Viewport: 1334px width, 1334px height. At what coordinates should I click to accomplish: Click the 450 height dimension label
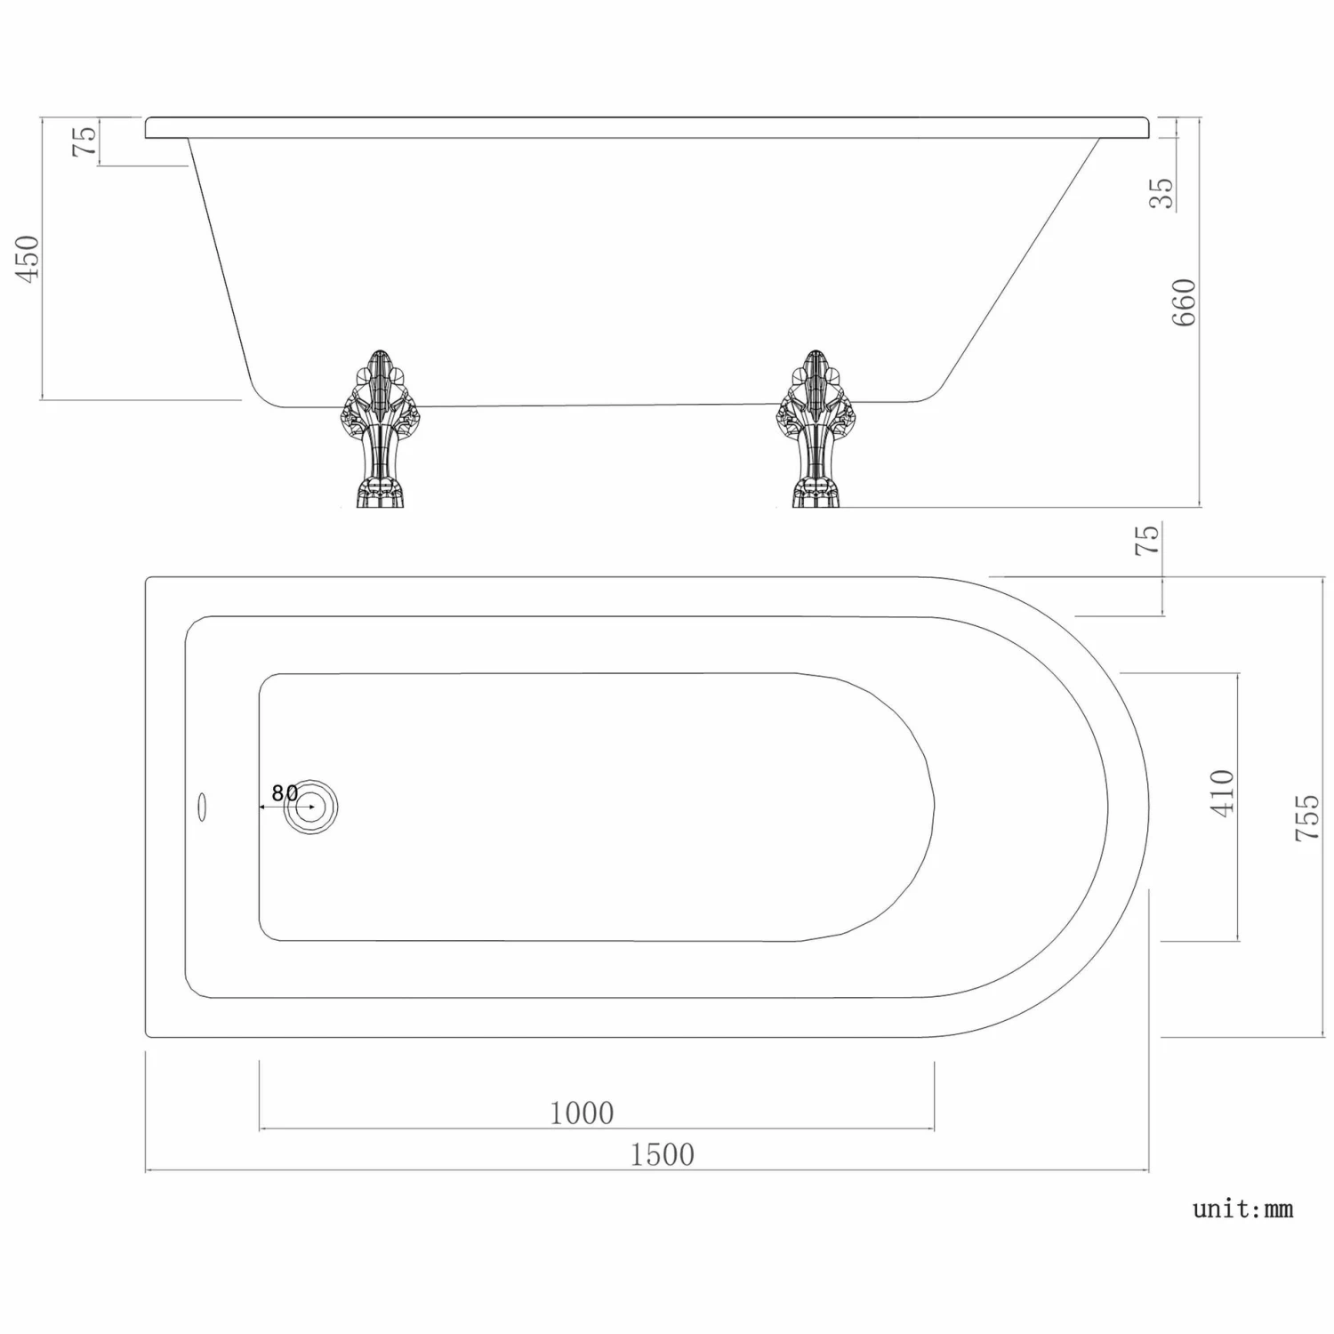tap(29, 258)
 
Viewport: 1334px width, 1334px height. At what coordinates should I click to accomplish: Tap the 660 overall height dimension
tap(1184, 302)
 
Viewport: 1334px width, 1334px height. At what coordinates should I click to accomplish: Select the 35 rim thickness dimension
tap(1161, 193)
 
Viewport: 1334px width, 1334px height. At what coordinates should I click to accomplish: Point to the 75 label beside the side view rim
tap(84, 141)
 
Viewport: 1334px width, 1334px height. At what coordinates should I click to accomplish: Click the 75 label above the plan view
tap(1147, 540)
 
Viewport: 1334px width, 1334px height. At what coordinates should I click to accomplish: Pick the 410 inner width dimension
tap(1223, 792)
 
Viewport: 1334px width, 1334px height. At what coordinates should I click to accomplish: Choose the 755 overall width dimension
tap(1306, 818)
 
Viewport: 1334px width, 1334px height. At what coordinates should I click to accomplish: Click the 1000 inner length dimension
tap(582, 1113)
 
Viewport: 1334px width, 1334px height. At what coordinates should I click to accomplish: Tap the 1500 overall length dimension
tap(662, 1154)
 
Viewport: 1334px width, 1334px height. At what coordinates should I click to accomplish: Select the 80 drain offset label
tap(285, 792)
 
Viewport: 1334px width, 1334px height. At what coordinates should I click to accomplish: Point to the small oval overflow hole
tap(201, 808)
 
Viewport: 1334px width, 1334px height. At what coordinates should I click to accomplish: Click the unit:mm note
tap(1242, 1209)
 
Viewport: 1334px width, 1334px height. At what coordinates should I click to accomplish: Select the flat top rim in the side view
tap(649, 127)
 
